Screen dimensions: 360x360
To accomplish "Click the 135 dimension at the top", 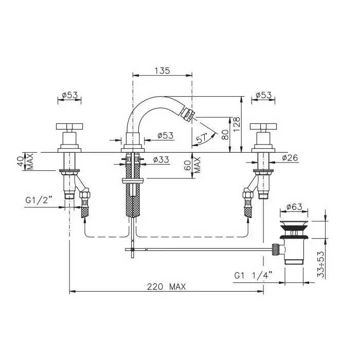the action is click(163, 70).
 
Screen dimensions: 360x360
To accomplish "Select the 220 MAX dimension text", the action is click(166, 286).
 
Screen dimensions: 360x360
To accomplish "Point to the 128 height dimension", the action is click(237, 124).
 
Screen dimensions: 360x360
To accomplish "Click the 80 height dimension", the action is click(225, 135).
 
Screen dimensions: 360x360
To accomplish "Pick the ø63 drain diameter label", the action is click(294, 207).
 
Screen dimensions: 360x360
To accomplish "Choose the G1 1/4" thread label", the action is click(253, 275).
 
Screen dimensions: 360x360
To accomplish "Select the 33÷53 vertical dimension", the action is click(321, 264).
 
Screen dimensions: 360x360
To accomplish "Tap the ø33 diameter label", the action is click(161, 159).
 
